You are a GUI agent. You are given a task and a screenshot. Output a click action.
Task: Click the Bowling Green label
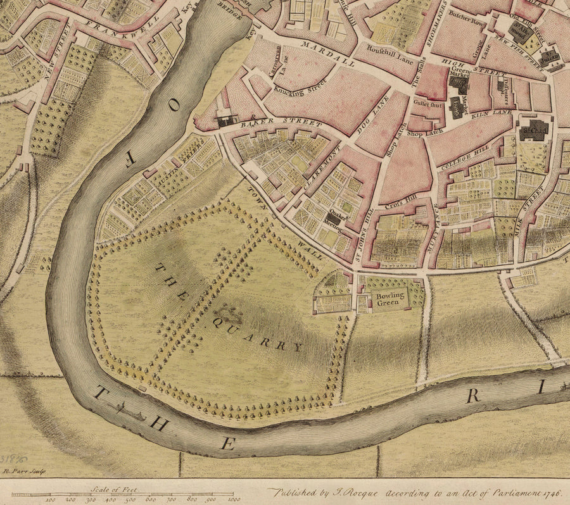(390, 299)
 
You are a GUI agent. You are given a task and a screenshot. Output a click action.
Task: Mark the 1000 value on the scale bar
(234, 499)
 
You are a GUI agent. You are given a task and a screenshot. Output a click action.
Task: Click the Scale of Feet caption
(119, 489)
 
